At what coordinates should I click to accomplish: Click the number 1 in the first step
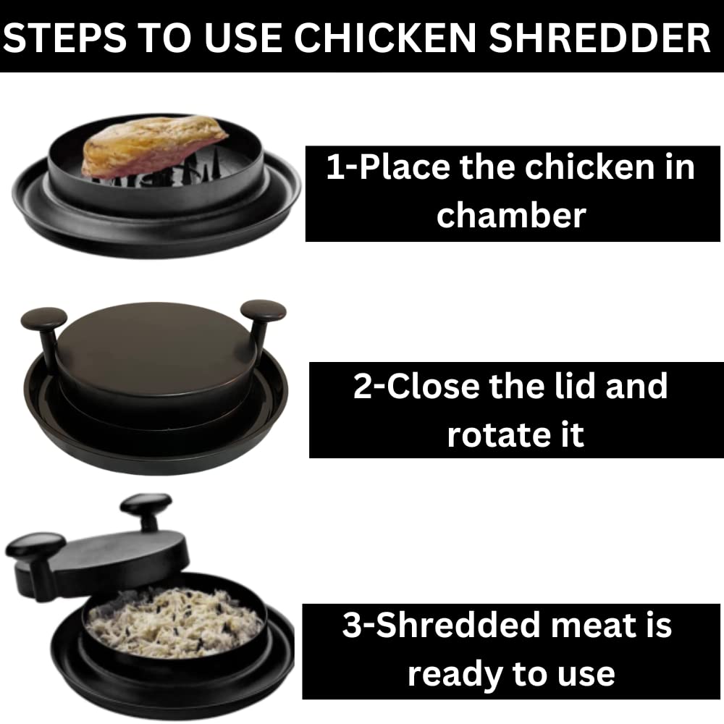(x=334, y=168)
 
